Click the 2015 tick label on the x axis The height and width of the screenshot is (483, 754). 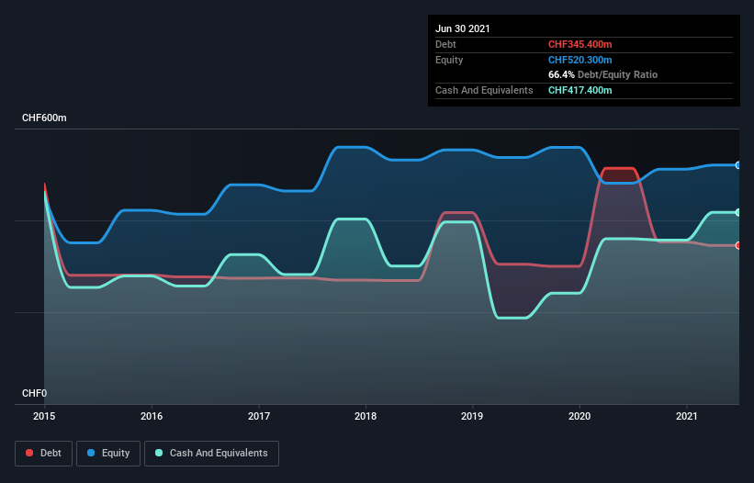(x=44, y=416)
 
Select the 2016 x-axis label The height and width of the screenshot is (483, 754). (x=152, y=416)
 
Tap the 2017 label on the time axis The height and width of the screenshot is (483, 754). (x=259, y=416)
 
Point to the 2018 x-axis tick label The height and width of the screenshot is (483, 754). (x=366, y=416)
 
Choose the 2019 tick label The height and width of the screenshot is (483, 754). (x=473, y=416)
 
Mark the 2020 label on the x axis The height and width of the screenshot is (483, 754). (x=580, y=416)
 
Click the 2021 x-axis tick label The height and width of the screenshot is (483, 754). (x=687, y=416)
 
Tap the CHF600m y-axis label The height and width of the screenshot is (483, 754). (x=44, y=118)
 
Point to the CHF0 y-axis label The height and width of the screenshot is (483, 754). (x=33, y=393)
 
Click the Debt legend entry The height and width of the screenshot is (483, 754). (x=44, y=453)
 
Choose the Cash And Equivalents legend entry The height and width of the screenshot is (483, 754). (x=211, y=453)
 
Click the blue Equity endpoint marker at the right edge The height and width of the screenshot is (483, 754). (x=738, y=165)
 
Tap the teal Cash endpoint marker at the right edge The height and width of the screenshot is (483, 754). (x=738, y=212)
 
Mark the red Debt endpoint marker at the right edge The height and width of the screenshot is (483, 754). (x=738, y=245)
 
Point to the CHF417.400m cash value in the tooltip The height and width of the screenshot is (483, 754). (x=580, y=90)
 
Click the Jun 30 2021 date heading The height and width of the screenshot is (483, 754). (x=463, y=28)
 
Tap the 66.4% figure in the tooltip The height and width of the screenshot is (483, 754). (x=563, y=74)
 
